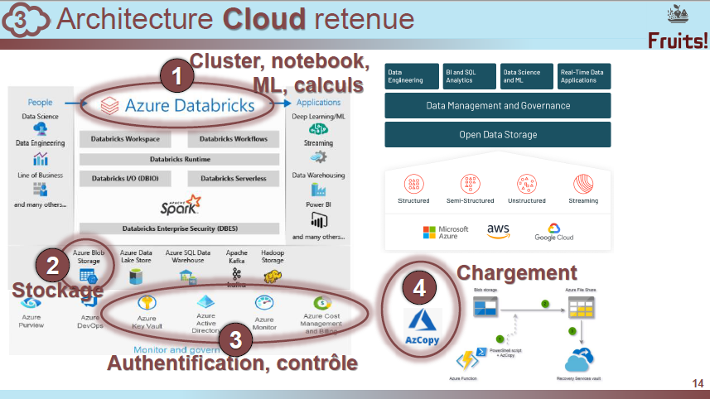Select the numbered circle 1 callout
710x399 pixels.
click(x=176, y=78)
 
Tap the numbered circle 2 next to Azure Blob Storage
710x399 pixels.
click(x=52, y=265)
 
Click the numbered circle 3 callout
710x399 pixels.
click(x=235, y=338)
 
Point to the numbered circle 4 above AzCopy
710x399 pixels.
click(x=419, y=288)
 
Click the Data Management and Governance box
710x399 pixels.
click(x=497, y=106)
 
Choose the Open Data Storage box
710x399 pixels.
click(x=497, y=135)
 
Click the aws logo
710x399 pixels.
click(x=498, y=231)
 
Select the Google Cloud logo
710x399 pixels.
click(x=554, y=232)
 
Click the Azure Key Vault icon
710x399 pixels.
click(x=147, y=304)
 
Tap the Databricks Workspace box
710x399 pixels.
click(x=126, y=139)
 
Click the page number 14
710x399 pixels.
click(x=697, y=382)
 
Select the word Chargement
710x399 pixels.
click(x=516, y=272)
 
